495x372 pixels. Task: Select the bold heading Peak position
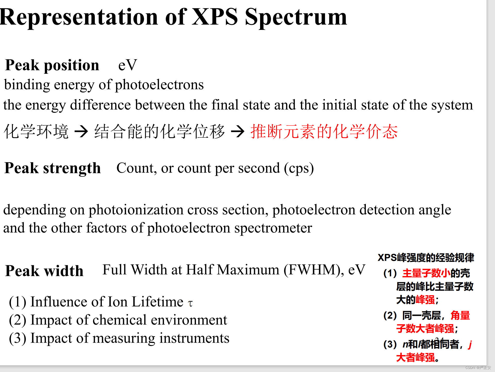52,65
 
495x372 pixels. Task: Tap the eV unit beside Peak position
127,65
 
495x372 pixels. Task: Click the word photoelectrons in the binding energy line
159,85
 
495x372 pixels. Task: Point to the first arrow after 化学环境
81,131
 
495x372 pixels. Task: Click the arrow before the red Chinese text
237,131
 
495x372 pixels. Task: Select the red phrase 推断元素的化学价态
324,131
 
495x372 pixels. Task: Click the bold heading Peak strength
53,168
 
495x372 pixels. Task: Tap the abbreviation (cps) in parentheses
299,168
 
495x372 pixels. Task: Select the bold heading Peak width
44,271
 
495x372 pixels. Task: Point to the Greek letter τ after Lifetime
190,303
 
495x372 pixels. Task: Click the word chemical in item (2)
119,320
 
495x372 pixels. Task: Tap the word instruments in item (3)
194,338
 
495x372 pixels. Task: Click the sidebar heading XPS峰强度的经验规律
426,258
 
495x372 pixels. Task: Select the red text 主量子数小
426,273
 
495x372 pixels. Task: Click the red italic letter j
470,344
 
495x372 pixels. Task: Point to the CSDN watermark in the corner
478,368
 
